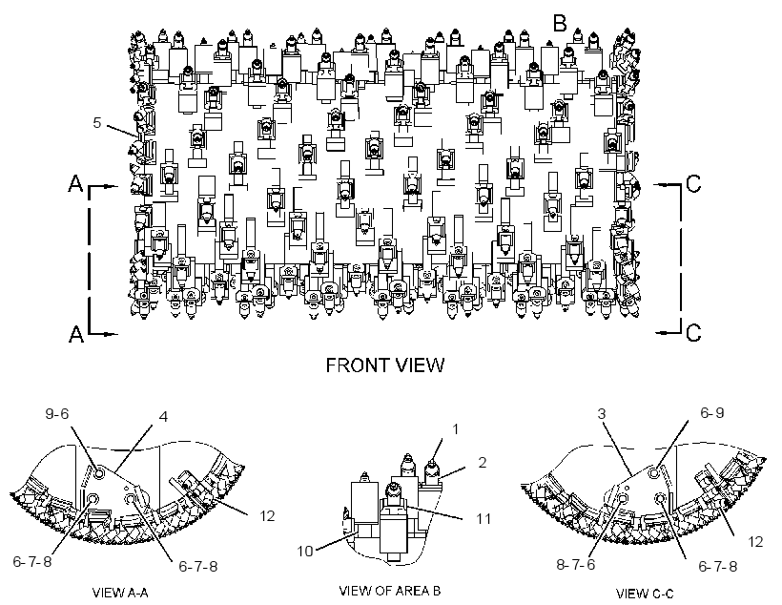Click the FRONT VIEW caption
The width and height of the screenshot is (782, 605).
(x=385, y=365)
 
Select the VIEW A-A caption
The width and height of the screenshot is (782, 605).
(x=120, y=593)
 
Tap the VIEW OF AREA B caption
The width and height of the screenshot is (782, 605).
(x=389, y=591)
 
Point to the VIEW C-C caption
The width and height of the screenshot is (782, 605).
(x=645, y=594)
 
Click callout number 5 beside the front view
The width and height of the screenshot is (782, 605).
(x=97, y=123)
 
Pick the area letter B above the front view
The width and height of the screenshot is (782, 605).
(x=560, y=23)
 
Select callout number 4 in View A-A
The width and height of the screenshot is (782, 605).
(x=164, y=416)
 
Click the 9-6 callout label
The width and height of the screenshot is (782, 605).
(x=57, y=414)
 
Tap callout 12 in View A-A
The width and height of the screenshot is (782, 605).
(x=267, y=515)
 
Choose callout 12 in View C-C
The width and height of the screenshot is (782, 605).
(x=755, y=542)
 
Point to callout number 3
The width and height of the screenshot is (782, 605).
(x=602, y=414)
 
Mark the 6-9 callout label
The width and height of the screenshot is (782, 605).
(x=712, y=413)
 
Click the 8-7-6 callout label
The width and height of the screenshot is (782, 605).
(x=576, y=565)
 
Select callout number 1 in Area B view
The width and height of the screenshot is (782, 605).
(x=455, y=429)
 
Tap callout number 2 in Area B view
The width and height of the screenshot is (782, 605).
(x=482, y=463)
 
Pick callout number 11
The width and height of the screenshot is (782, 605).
(x=484, y=519)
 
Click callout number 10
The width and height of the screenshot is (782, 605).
(x=305, y=552)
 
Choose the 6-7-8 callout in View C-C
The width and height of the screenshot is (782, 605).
(x=718, y=567)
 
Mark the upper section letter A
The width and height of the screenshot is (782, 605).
(x=75, y=184)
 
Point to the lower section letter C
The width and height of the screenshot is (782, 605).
(x=693, y=332)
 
